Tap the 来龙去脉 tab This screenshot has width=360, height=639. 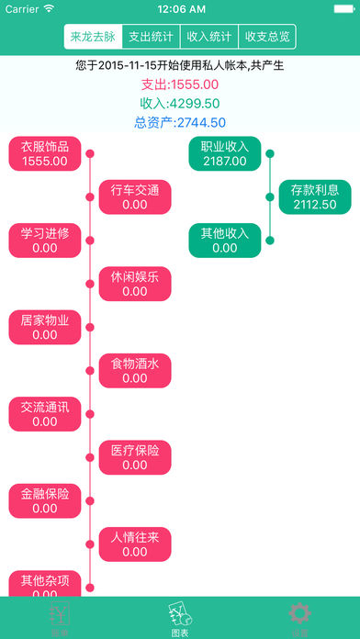point(93,37)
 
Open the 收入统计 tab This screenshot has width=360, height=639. point(208,37)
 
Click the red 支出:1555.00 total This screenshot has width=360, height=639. point(179,84)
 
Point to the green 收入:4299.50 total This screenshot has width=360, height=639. point(179,104)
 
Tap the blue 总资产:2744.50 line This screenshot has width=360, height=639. point(179,122)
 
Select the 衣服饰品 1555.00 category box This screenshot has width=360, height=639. point(45,153)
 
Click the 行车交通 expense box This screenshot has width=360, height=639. point(135,197)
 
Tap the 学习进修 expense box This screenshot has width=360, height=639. point(45,241)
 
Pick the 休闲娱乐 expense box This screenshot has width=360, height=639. point(135,284)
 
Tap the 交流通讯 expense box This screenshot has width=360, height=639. point(45,414)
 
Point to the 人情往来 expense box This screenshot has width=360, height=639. point(135,544)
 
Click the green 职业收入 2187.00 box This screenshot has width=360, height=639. point(225,153)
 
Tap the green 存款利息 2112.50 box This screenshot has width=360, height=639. point(315,197)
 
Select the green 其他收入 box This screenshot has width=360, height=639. point(225,241)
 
